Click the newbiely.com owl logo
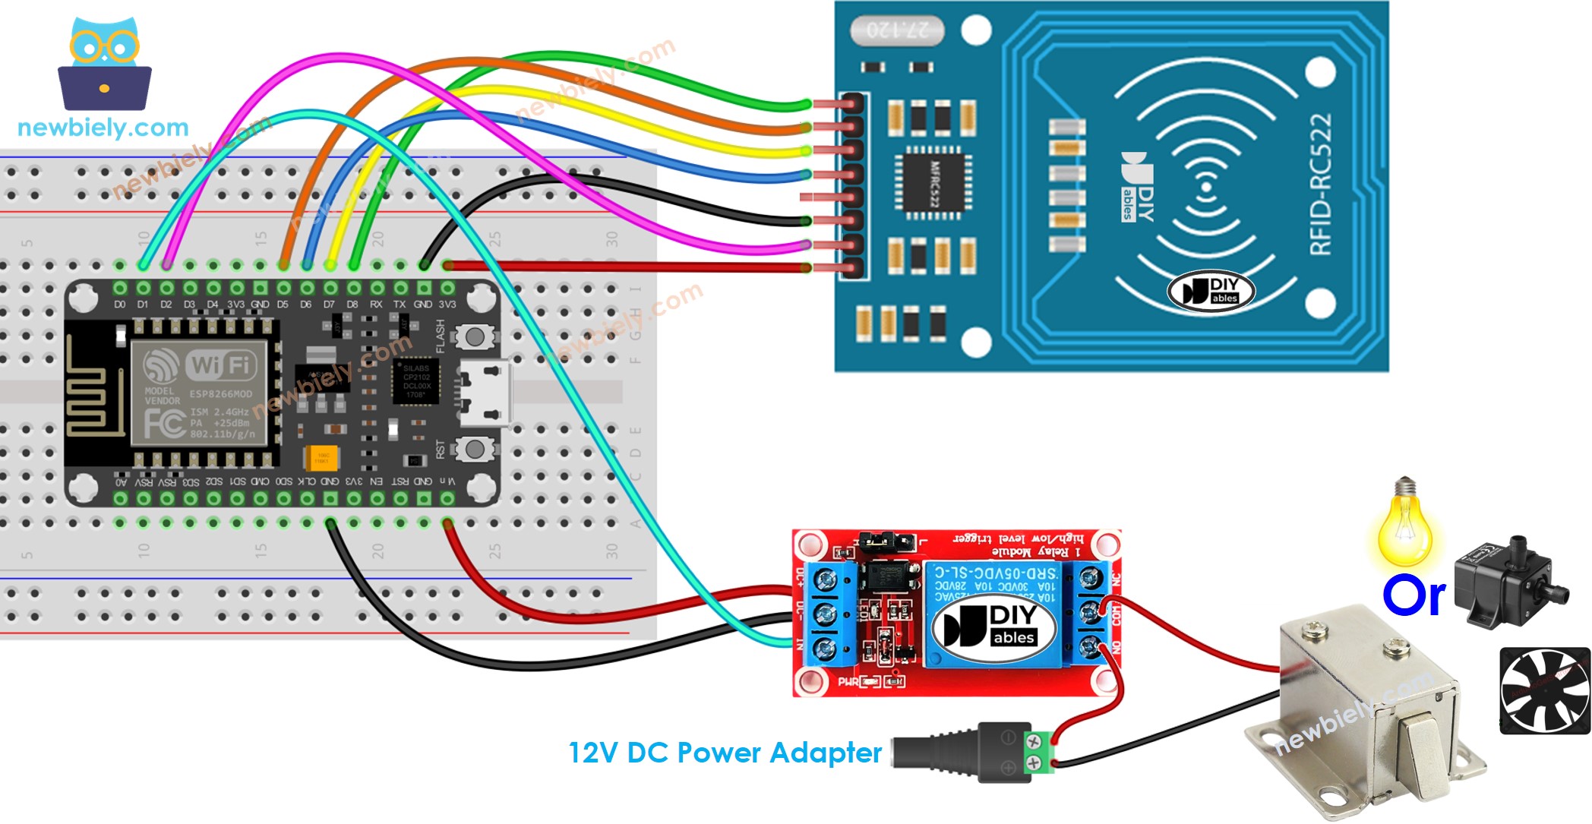(104, 65)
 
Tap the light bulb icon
(1405, 524)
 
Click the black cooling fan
(1544, 690)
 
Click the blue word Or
(1414, 596)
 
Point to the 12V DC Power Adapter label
(725, 753)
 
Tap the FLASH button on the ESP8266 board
(475, 336)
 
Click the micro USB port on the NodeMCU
(486, 395)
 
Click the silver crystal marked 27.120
(896, 30)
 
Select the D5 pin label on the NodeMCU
(283, 305)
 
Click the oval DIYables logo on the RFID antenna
(1211, 291)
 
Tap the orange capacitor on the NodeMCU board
(321, 458)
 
